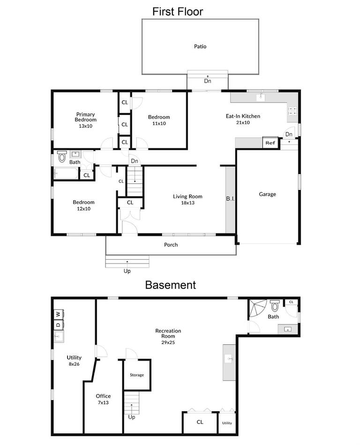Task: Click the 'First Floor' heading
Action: pos(178,12)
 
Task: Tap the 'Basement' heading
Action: pos(170,285)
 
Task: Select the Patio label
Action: pos(200,46)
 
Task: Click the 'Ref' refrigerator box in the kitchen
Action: pos(270,143)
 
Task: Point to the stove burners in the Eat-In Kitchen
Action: pos(292,111)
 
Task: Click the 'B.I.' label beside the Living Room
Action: pos(230,199)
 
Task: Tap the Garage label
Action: pos(268,194)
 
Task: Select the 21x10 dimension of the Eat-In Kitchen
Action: pos(243,122)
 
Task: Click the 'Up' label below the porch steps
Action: pos(127,271)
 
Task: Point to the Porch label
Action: pos(171,245)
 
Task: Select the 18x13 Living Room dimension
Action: pos(187,203)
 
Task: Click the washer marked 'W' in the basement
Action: pos(58,314)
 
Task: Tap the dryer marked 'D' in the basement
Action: pos(58,324)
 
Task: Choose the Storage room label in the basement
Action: pos(137,375)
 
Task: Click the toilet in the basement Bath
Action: pos(275,306)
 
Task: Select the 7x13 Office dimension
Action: pos(103,402)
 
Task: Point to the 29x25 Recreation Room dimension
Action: pos(168,342)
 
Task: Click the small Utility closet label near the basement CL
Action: pos(227,423)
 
